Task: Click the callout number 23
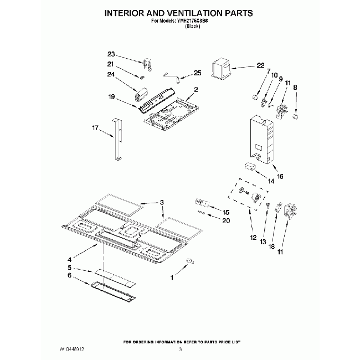click(111, 54)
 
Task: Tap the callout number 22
click(260, 66)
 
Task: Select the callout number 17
click(95, 128)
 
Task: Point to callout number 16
click(280, 176)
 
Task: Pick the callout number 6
click(70, 275)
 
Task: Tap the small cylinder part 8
click(296, 117)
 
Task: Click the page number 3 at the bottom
click(181, 349)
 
